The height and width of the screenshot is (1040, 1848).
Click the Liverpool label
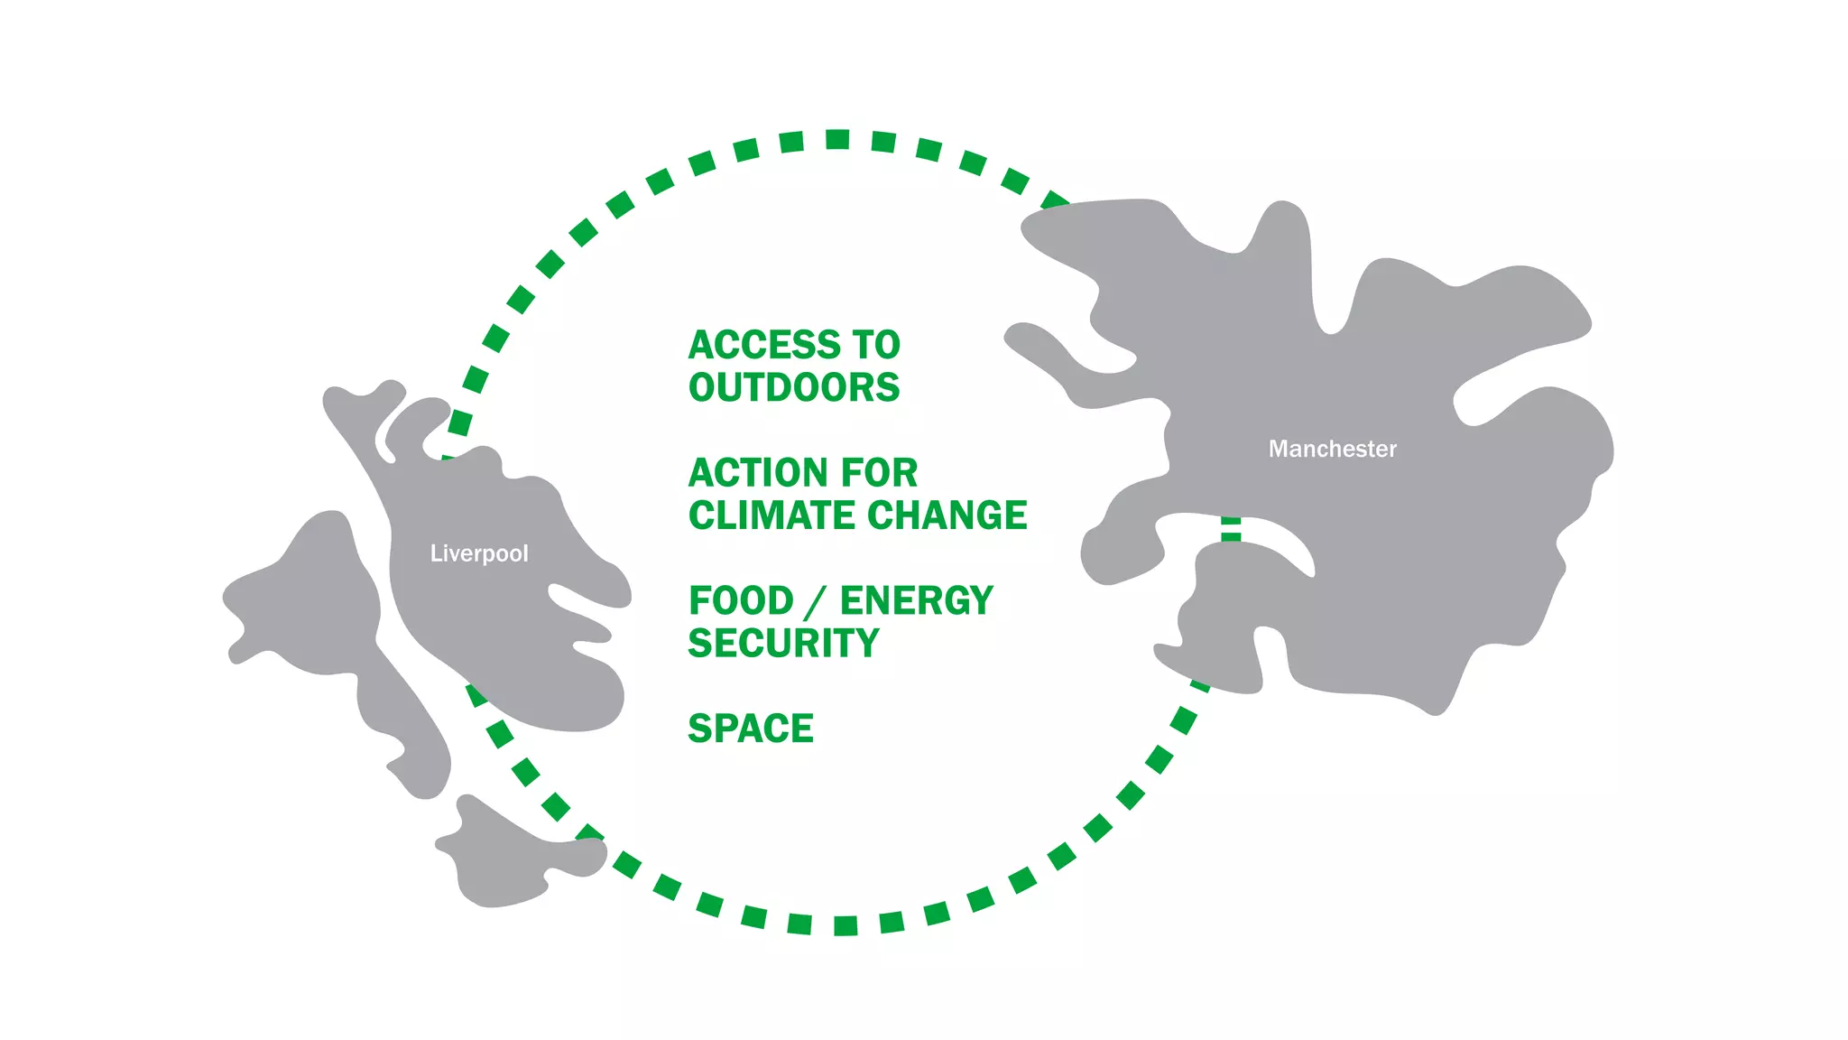(x=478, y=552)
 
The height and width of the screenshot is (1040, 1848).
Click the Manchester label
(x=1332, y=449)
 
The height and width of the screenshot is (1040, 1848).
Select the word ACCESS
(x=762, y=345)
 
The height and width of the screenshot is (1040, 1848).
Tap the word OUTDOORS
(x=794, y=387)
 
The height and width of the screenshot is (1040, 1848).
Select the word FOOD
(x=741, y=601)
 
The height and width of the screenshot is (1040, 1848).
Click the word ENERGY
(x=916, y=601)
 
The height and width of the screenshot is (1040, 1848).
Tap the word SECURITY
(x=783, y=644)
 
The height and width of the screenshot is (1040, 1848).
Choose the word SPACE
(x=751, y=729)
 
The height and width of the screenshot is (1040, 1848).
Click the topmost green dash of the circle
(x=837, y=139)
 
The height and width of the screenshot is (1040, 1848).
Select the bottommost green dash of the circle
(x=845, y=925)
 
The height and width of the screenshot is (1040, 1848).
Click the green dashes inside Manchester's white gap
(x=1231, y=529)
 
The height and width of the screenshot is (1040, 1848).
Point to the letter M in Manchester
(x=1278, y=449)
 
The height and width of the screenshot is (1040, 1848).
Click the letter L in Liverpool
(x=435, y=552)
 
